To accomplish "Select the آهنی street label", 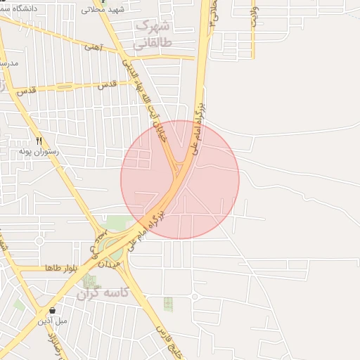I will point(93,47).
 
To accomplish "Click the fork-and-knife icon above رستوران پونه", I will point(39,141).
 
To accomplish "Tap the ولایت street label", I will point(254,13).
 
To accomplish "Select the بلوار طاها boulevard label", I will point(61,269).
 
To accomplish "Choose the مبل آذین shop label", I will point(53,321).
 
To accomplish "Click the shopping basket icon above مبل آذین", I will point(52,310).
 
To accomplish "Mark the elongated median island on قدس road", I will point(56,89).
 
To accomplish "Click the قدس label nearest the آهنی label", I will point(107,84).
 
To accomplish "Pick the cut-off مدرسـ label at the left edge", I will point(8,63).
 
